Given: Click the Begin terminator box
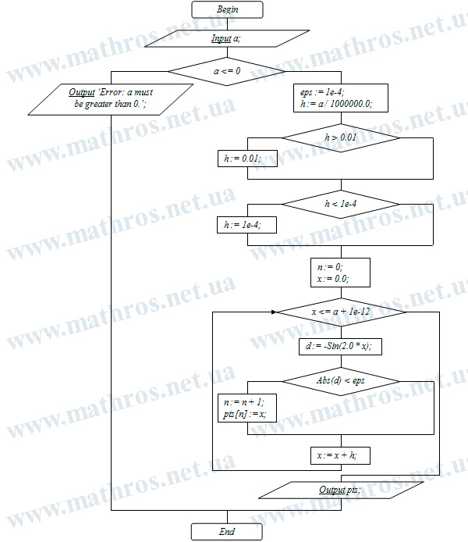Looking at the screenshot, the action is (x=227, y=9).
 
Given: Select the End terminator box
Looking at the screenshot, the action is (x=227, y=532).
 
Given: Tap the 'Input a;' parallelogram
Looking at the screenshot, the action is (x=227, y=38).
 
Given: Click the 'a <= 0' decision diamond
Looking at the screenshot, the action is (x=227, y=72).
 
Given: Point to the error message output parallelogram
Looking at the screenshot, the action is (x=111, y=99).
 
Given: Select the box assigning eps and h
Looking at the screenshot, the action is (x=341, y=98).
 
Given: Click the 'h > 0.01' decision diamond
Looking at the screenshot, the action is (x=341, y=138).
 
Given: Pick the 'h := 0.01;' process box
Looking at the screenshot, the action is (x=247, y=159).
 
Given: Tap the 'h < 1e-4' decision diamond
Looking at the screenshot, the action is (x=341, y=205).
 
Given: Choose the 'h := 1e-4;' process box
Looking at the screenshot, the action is (x=246, y=225).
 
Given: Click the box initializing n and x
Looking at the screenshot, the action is (x=340, y=273).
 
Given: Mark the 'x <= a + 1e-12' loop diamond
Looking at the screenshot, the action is (x=341, y=312).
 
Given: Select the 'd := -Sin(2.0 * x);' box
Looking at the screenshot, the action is (x=340, y=346).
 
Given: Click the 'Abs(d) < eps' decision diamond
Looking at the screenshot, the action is (x=341, y=381).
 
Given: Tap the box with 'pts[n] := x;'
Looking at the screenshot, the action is (x=247, y=408).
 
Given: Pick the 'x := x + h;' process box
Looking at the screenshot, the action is (x=340, y=455).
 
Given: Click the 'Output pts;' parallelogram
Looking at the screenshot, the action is (x=341, y=490).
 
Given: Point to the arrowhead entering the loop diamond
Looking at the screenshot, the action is (x=274, y=312).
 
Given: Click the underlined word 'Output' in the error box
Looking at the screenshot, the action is (x=82, y=92).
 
